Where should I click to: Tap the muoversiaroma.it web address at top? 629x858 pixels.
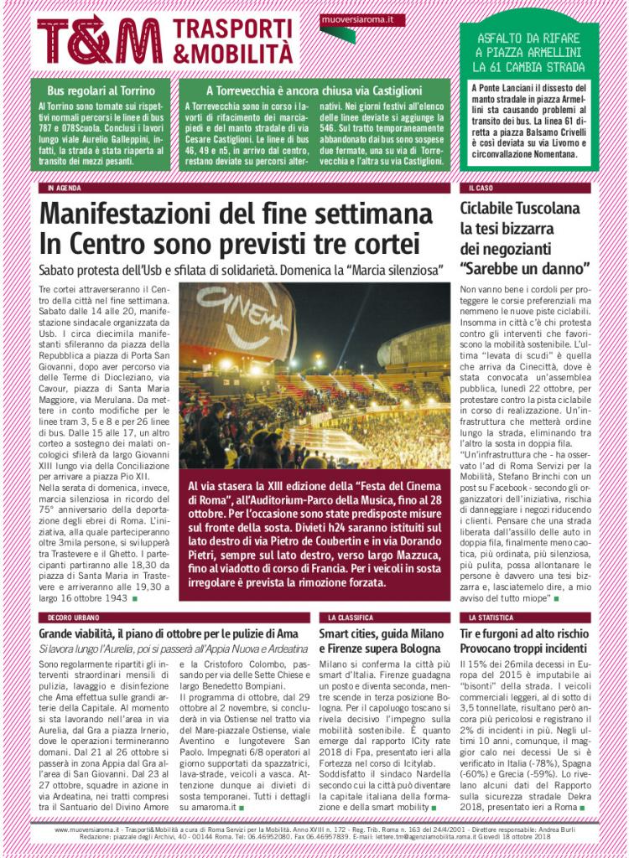click(351, 18)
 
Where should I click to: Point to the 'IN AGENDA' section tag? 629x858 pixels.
click(65, 189)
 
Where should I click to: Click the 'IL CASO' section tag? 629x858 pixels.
click(481, 189)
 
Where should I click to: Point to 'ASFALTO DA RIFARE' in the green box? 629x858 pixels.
click(528, 38)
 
